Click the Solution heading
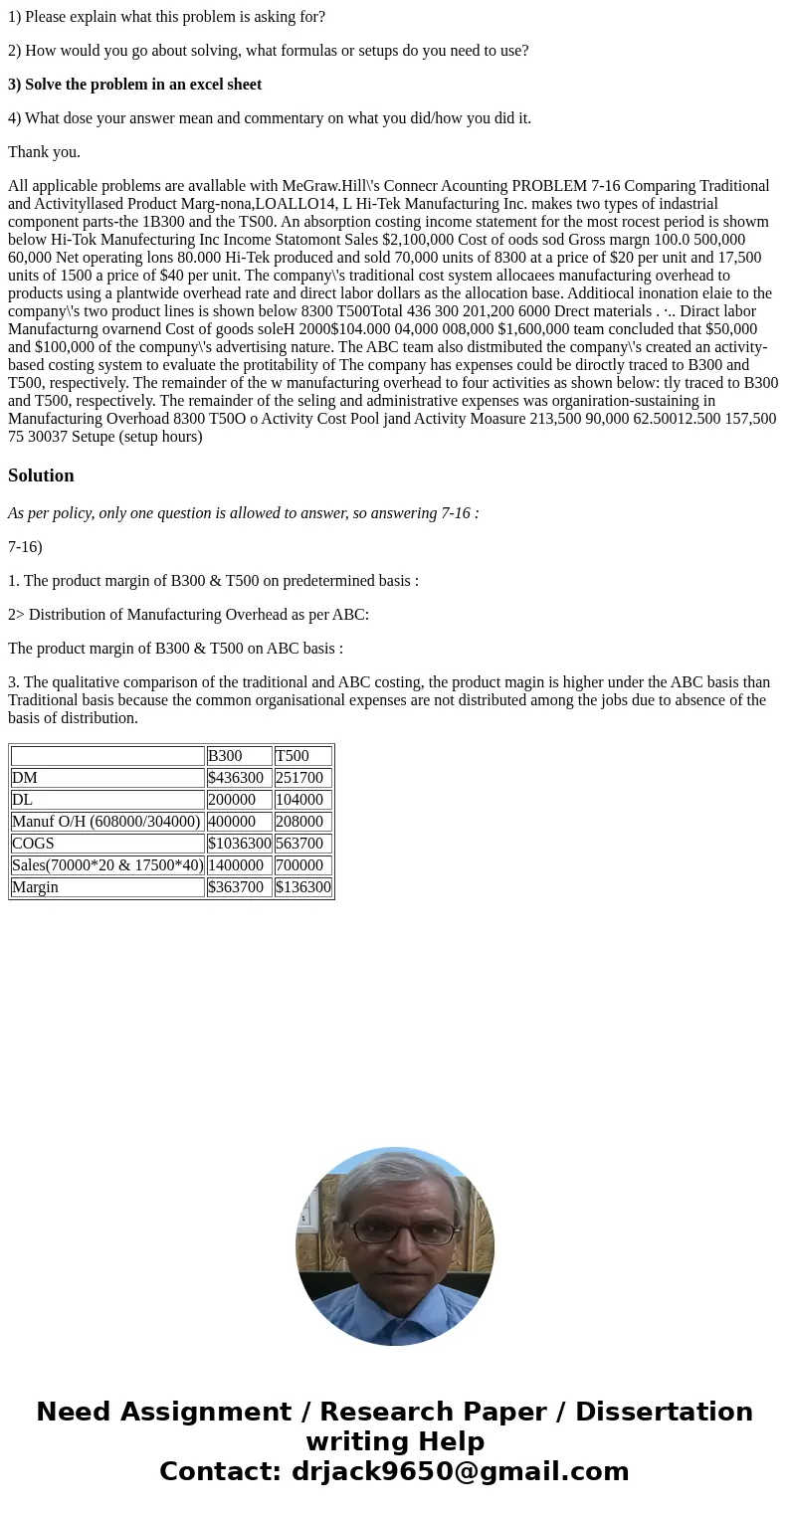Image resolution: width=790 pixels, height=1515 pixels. click(41, 475)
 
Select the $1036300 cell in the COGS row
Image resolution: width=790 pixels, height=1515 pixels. click(239, 844)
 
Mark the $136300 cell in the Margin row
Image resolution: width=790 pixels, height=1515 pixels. click(302, 887)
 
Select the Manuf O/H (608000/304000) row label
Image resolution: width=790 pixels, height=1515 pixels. click(106, 822)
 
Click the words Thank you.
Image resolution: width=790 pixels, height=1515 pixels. click(44, 152)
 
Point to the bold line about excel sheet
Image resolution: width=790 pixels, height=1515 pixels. click(134, 85)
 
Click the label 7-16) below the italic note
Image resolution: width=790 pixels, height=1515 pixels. click(25, 547)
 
